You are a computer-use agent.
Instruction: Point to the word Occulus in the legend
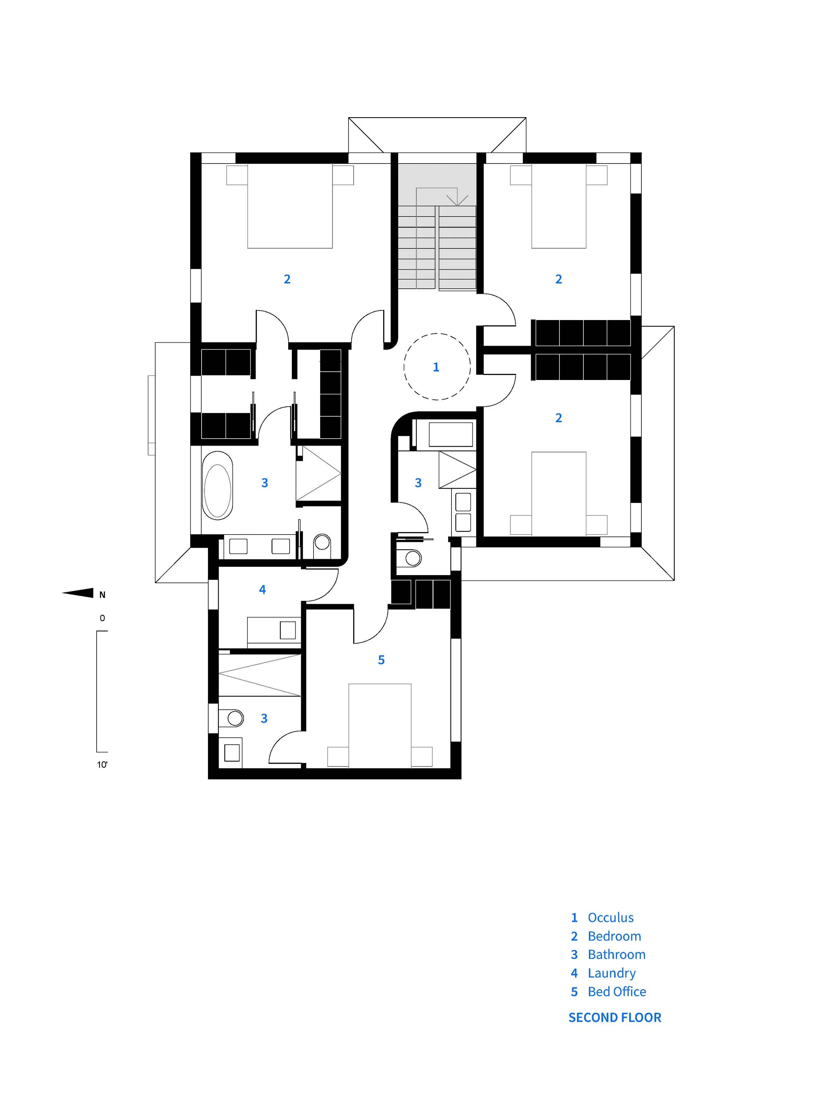click(611, 918)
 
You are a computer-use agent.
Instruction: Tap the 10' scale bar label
click(102, 765)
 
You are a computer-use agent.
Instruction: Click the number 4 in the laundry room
click(262, 589)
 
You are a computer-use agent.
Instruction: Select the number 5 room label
click(381, 660)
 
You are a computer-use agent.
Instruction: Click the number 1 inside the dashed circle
click(436, 367)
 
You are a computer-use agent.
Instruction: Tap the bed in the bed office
click(380, 725)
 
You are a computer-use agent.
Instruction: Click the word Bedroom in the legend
click(615, 936)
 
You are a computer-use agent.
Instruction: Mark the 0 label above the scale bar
click(102, 618)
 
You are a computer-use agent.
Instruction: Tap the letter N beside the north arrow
click(102, 595)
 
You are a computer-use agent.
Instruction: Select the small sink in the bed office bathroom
click(232, 753)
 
